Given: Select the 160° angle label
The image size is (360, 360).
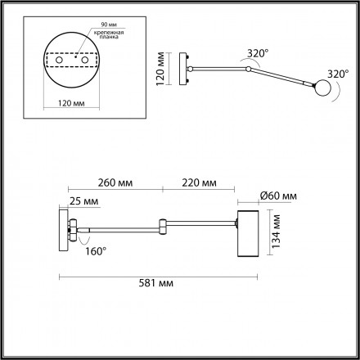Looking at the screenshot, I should pyautogui.click(x=96, y=251).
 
